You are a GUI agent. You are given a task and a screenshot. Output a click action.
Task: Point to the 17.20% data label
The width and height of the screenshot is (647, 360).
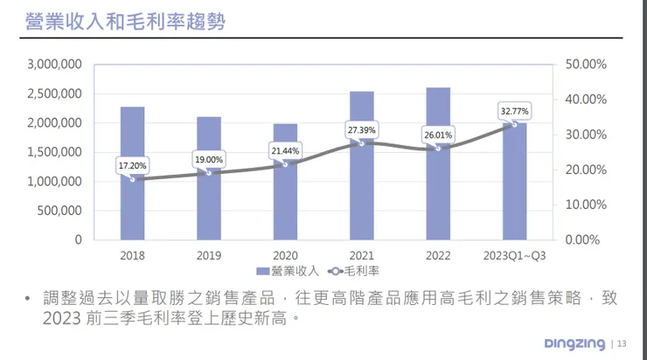pos(132,164)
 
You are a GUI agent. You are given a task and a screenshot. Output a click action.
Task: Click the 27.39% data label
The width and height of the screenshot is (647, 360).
pos(361,129)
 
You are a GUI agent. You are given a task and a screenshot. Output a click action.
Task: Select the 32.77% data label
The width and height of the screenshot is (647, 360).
pos(514,111)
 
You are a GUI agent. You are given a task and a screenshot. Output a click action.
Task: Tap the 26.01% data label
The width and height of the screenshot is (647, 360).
pos(438,135)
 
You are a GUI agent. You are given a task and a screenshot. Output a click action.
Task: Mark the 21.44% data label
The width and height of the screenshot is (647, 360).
pos(285,151)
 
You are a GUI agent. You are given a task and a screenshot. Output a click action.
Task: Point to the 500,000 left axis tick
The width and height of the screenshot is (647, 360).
pos(61,210)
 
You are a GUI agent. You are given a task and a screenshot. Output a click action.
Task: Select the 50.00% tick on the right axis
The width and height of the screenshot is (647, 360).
pos(587,64)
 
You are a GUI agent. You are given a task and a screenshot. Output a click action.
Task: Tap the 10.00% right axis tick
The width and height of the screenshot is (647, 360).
pos(587,204)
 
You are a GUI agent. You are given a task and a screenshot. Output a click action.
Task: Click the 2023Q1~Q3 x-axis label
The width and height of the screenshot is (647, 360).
pos(514,254)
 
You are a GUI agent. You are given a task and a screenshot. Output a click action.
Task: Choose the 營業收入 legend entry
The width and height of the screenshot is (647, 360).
pos(286,271)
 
